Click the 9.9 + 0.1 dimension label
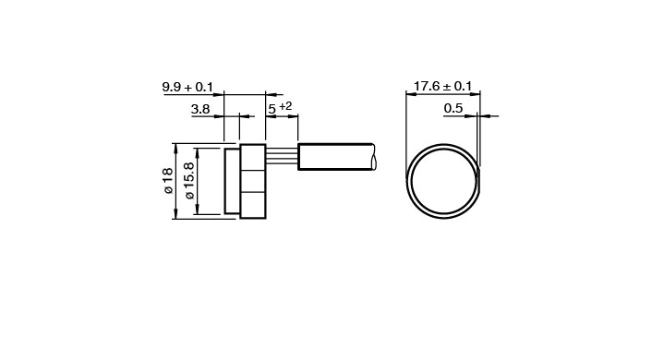coord(187,88)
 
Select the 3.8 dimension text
coord(200,109)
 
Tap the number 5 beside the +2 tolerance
coord(272,109)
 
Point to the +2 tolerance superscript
coord(285,106)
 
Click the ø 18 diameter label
coord(168,180)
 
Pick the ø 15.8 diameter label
coord(188,181)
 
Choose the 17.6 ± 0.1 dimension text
coord(443,87)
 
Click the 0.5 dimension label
coord(453,109)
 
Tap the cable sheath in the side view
coord(336,157)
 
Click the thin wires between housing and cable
coord(282,157)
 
